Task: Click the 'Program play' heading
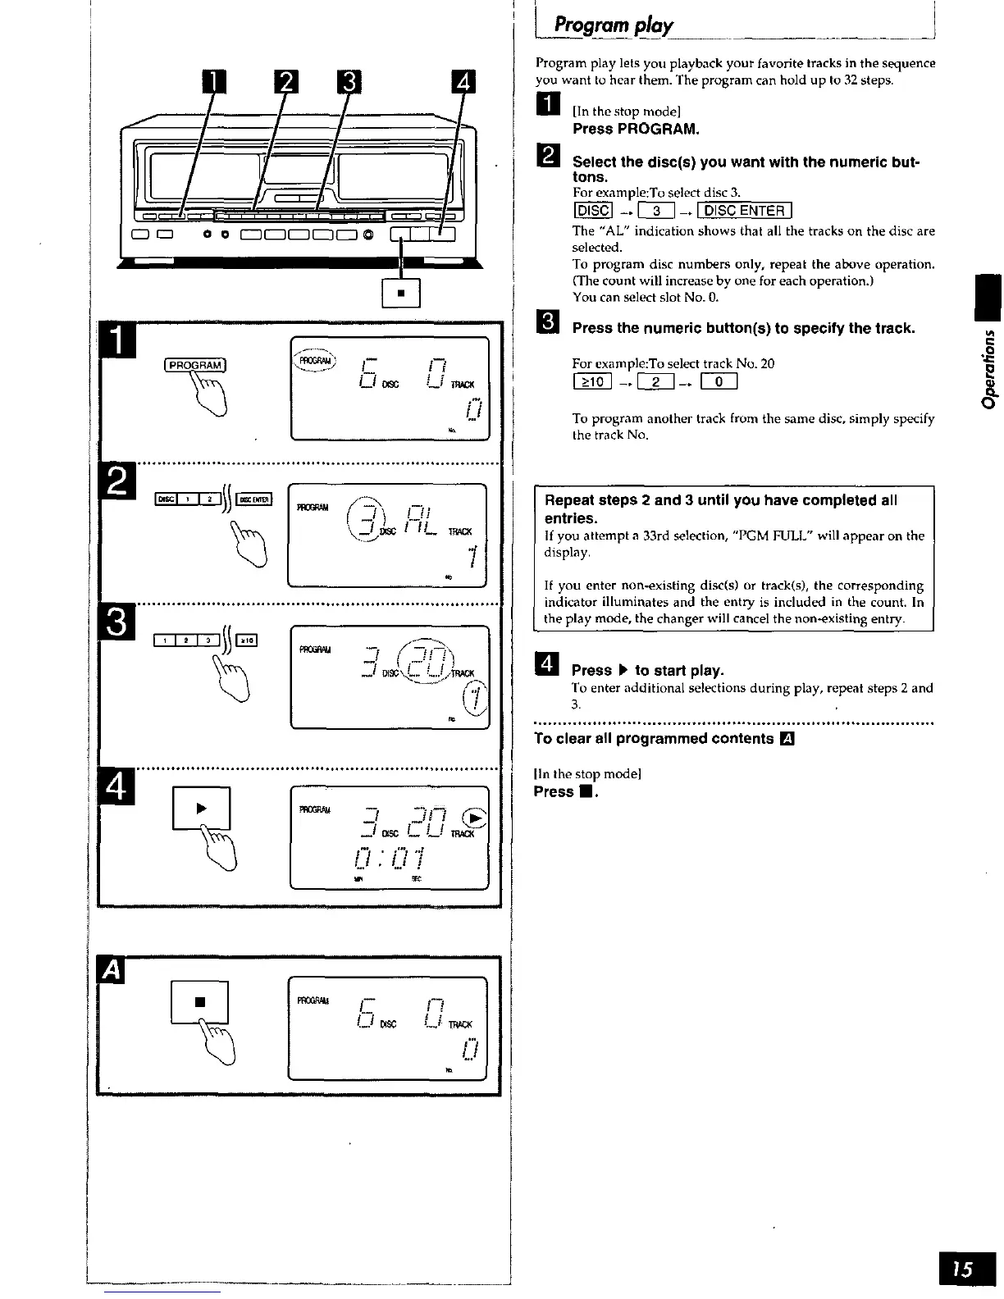click(614, 25)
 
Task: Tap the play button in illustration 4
click(201, 808)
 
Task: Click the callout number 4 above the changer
click(464, 83)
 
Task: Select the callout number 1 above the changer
click(212, 83)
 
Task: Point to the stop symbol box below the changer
click(401, 293)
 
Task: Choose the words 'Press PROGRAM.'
click(636, 129)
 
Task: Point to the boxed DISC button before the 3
click(592, 212)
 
